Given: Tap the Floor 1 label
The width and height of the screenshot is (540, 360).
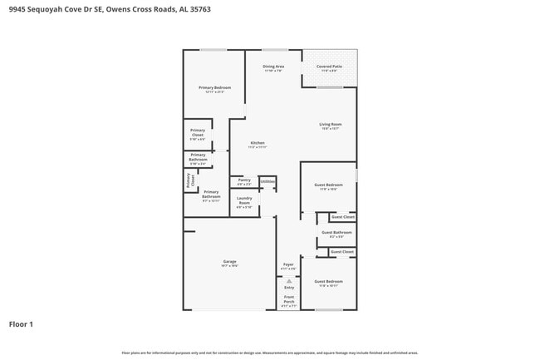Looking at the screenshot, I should [x=22, y=324].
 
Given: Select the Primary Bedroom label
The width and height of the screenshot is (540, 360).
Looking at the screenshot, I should [x=214, y=89].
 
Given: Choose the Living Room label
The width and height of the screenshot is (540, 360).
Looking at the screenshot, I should [x=331, y=126].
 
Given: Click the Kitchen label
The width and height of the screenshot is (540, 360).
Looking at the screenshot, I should [x=258, y=145].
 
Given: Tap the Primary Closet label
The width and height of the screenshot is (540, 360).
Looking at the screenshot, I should [x=198, y=133].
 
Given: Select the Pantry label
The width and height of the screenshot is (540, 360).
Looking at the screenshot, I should [x=244, y=181].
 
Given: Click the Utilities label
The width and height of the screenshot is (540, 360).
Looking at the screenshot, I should [x=268, y=180].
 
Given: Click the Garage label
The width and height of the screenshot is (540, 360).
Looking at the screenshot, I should [x=229, y=264].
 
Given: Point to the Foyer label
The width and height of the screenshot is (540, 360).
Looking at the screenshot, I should [x=288, y=267].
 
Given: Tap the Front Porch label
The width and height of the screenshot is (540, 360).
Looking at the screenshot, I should [x=289, y=300].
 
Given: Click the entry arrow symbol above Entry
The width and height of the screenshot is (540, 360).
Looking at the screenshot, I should [x=289, y=281].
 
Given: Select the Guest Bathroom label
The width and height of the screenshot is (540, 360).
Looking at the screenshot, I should [x=336, y=234].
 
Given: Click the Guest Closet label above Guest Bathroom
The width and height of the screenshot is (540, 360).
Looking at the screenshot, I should [x=342, y=216].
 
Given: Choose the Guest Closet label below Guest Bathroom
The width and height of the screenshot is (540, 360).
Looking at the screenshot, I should [x=342, y=251].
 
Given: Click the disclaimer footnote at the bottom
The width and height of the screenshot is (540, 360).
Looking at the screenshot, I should [x=270, y=353].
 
